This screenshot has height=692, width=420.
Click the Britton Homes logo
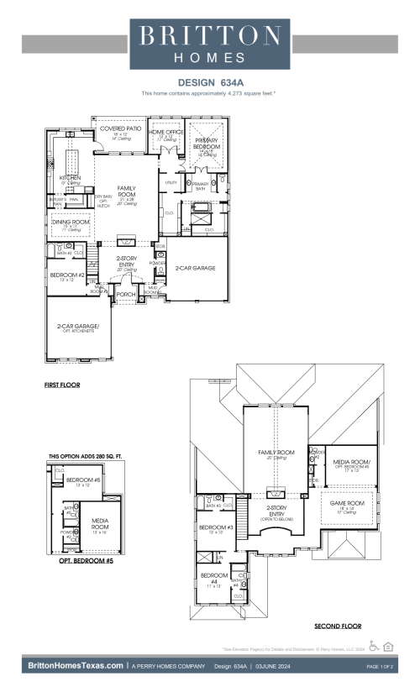(x=209, y=44)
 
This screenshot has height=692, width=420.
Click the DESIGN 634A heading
(x=209, y=83)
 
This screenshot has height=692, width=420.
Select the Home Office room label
(x=165, y=133)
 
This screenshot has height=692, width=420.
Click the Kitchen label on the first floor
(x=69, y=178)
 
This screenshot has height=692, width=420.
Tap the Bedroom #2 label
(x=66, y=275)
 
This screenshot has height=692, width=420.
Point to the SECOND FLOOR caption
(x=337, y=626)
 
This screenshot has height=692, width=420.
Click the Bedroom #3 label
(x=210, y=527)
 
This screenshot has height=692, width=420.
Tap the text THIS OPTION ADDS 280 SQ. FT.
(x=85, y=456)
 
